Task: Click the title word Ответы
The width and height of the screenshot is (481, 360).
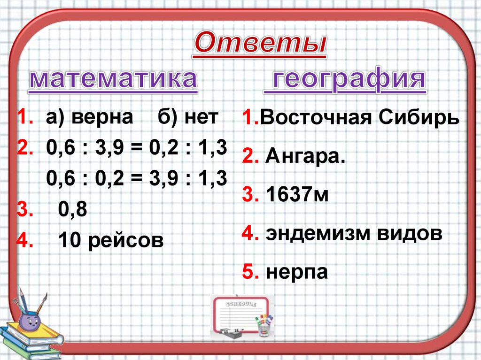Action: [260, 45]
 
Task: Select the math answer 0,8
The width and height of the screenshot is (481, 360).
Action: [73, 210]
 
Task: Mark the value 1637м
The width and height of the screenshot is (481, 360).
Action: [297, 195]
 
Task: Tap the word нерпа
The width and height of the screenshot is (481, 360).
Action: [296, 272]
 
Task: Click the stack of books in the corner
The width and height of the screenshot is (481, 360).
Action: [31, 342]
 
